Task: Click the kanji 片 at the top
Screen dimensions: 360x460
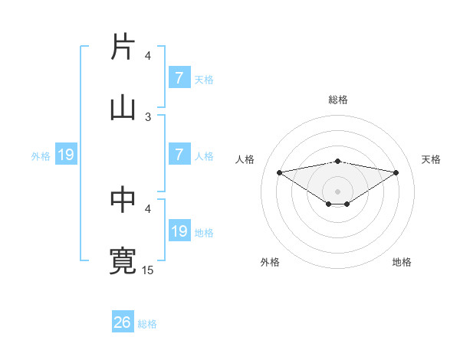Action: (x=123, y=47)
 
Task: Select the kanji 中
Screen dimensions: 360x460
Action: (x=123, y=200)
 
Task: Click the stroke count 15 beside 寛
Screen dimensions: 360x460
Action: (x=148, y=270)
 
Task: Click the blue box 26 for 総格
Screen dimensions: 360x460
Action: (x=123, y=322)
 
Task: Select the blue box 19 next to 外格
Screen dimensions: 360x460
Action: (x=66, y=155)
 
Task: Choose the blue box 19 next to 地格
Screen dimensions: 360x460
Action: (x=179, y=231)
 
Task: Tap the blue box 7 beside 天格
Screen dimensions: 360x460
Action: (x=179, y=78)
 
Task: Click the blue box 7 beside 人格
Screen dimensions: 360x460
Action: (x=179, y=155)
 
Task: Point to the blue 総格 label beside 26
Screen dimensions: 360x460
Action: (x=147, y=324)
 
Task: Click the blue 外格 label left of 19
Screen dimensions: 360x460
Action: (x=41, y=156)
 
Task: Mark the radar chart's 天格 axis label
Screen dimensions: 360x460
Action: (x=431, y=159)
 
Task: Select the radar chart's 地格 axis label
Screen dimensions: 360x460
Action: (x=402, y=262)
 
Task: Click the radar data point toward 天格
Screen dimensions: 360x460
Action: (x=396, y=172)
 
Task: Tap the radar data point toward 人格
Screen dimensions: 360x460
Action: (x=279, y=172)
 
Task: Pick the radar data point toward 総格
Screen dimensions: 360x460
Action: (x=337, y=161)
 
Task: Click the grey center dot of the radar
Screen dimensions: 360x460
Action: (x=337, y=191)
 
